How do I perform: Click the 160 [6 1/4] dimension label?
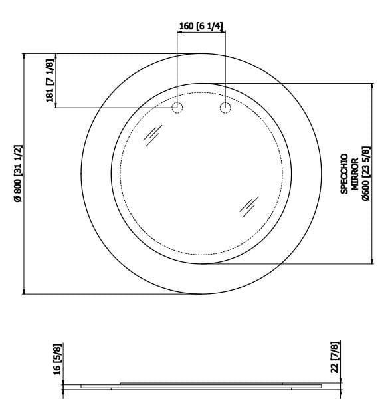[201, 26]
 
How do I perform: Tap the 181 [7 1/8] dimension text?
[49, 79]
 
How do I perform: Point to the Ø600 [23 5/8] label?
[365, 174]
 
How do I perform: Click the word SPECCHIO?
[344, 174]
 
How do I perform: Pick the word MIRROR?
[355, 174]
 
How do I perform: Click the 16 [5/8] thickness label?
[56, 359]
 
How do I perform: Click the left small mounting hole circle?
[177, 108]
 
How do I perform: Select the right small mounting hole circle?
[225, 108]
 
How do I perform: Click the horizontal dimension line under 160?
[201, 33]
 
